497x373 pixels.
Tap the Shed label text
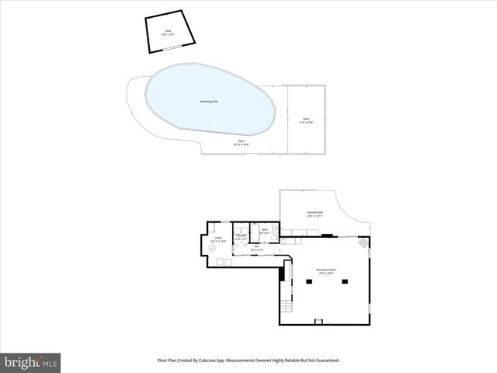point(167,32)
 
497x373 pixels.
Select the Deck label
point(306,120)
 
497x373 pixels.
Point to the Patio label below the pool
point(241,143)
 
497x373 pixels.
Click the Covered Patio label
point(315,213)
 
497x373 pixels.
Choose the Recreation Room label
point(325,270)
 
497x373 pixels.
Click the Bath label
point(264,231)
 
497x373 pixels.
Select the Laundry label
point(241,236)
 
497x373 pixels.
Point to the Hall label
point(255,248)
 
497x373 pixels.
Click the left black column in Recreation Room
point(308,282)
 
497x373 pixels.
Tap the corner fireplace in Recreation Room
point(362,244)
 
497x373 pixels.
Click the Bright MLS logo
point(30,362)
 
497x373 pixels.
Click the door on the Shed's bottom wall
point(167,47)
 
